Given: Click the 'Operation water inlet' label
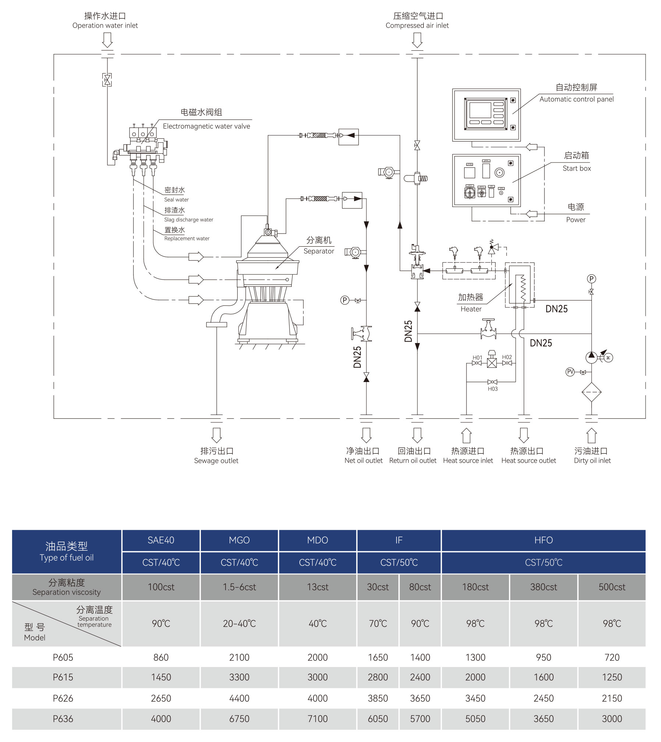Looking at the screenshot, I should click(105, 25).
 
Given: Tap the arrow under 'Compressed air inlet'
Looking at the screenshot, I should click(417, 40).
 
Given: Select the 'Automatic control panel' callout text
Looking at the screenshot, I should click(576, 99).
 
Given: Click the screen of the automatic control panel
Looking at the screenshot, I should click(480, 110).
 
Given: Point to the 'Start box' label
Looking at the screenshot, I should click(576, 168).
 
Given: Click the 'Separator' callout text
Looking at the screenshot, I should click(319, 251).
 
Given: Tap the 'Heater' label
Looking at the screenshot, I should click(471, 309).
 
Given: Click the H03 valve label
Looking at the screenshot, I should click(493, 389).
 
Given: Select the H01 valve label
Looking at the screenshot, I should click(477, 357).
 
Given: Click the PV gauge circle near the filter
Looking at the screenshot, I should click(570, 372).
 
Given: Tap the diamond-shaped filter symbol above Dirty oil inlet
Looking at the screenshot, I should click(591, 392).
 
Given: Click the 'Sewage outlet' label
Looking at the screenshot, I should click(216, 461).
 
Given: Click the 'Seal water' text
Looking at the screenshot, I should click(176, 200).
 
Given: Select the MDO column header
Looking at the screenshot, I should click(317, 540).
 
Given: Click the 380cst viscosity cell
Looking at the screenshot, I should click(543, 587).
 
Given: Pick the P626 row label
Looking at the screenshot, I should click(63, 698).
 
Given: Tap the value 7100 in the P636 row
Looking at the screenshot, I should click(317, 718).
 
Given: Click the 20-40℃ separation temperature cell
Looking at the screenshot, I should click(239, 624).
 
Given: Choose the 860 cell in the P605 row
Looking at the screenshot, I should click(161, 657).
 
